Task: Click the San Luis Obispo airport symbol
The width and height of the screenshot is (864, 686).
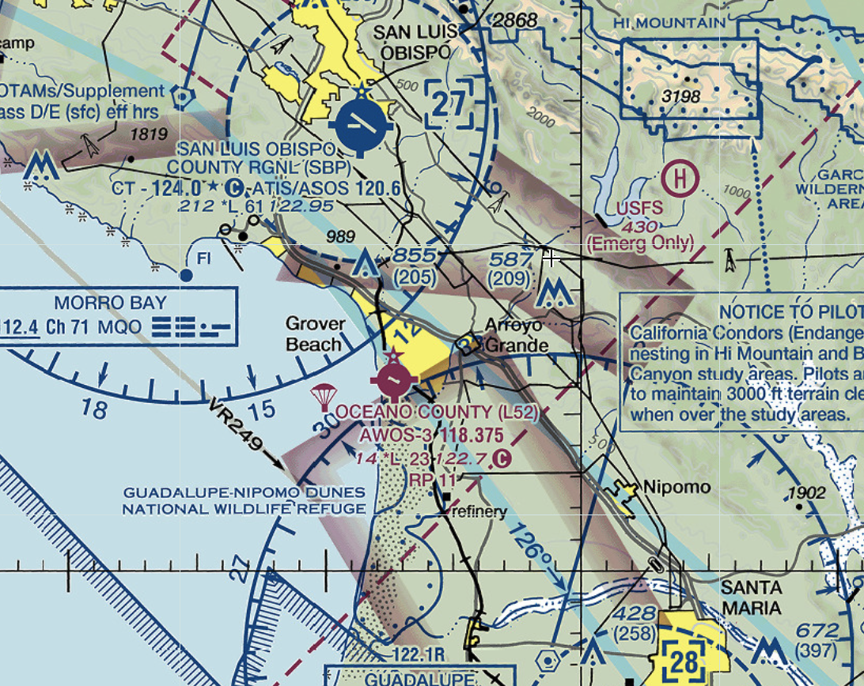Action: tap(363, 124)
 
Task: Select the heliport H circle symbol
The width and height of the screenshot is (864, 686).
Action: tap(680, 179)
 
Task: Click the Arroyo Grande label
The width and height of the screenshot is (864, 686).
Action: tap(516, 336)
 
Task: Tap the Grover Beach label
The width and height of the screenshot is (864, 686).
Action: tap(315, 334)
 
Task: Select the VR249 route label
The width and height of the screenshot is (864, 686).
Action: tap(235, 428)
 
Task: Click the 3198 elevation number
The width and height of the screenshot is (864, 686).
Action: tap(684, 96)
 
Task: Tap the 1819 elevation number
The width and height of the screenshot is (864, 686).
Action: tap(148, 134)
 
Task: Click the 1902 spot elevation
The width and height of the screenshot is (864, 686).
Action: tap(806, 492)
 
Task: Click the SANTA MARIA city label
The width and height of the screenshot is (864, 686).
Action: tap(751, 598)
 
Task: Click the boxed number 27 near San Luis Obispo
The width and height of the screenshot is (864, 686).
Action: tap(449, 104)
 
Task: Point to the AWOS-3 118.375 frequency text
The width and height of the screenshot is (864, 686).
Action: tap(430, 435)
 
